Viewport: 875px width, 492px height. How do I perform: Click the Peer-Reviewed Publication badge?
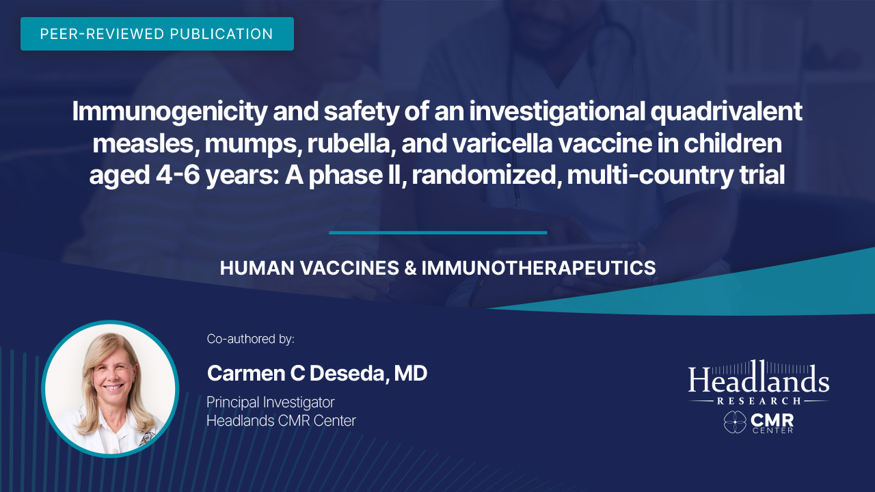pos(157,33)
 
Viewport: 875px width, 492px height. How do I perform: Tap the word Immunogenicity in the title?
pos(170,113)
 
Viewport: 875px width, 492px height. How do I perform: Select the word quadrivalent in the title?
pos(726,113)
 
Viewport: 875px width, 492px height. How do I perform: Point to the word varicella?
pos(502,143)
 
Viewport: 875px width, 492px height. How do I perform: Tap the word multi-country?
pos(650,176)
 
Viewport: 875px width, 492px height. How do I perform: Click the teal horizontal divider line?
pos(438,233)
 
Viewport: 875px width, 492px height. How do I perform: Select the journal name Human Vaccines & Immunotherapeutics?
pos(437,269)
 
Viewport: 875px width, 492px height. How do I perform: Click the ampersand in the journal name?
pos(411,269)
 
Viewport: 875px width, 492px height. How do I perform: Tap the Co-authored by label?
pos(250,339)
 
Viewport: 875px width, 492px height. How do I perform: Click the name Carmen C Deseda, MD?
pos(317,373)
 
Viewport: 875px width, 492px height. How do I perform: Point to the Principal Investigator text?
pos(270,402)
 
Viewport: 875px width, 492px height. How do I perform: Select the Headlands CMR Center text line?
pos(281,421)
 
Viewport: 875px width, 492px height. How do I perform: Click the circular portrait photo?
pos(110,389)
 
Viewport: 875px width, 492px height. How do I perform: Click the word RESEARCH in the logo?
pos(759,401)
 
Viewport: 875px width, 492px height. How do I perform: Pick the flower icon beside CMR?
pos(735,422)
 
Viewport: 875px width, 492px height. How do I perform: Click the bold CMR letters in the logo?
pos(772,420)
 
